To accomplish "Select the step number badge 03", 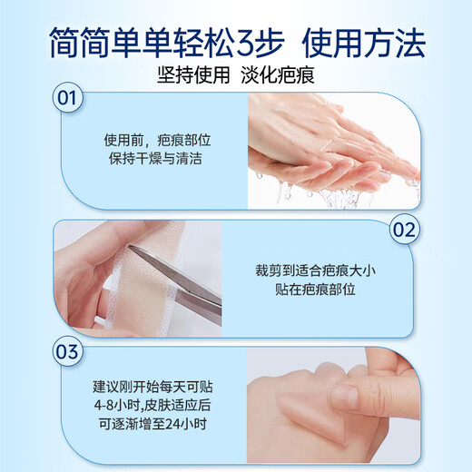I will [x=65, y=348].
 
